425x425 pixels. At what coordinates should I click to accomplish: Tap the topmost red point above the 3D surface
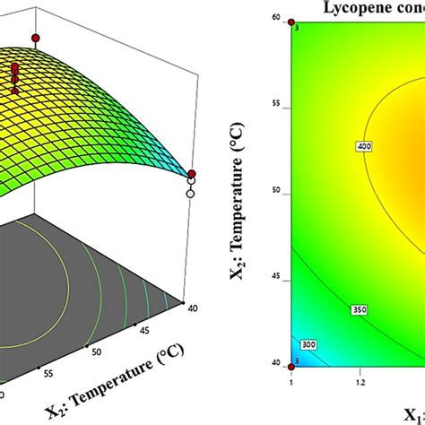(x=35, y=39)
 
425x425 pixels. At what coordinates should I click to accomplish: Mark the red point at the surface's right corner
(x=191, y=173)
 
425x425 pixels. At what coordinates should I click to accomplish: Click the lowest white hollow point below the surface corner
(x=190, y=192)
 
